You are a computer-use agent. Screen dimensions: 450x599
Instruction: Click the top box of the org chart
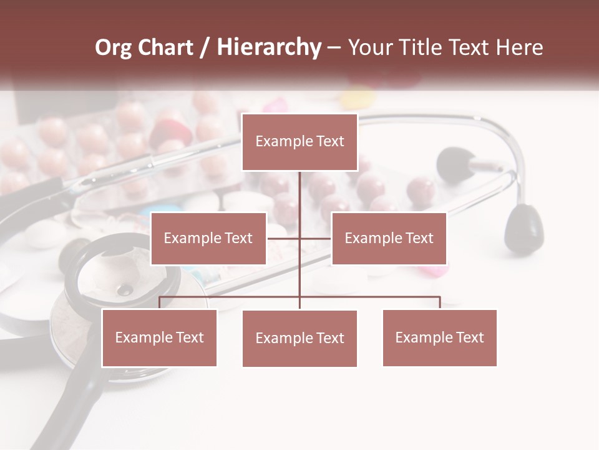pos(299,142)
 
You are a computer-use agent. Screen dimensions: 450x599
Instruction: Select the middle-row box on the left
pos(208,238)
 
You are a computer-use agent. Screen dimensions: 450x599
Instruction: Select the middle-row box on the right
pos(389,238)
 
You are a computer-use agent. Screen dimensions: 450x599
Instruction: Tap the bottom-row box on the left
pos(159,337)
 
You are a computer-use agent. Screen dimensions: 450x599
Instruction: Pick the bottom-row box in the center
pos(299,338)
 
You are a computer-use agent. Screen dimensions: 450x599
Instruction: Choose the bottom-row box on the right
pos(439,337)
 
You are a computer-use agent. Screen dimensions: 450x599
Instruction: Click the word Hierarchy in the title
pos(269,47)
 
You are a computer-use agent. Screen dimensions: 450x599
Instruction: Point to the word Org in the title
pos(113,47)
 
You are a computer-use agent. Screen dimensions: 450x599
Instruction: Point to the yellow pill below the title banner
pos(357,98)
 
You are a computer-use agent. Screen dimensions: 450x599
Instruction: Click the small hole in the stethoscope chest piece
pos(126,289)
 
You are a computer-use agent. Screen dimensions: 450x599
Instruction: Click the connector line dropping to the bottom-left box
pos(160,302)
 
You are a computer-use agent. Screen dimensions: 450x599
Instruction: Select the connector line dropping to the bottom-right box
pos(440,302)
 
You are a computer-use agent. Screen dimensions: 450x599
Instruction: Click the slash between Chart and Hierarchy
pos(205,47)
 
